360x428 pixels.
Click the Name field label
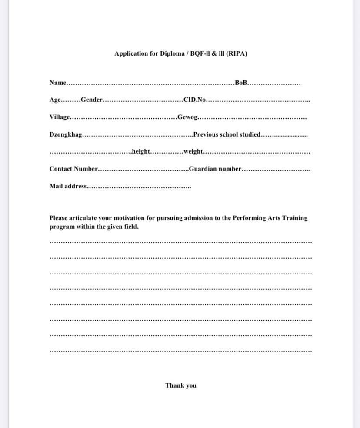coord(57,83)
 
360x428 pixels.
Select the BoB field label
coord(240,83)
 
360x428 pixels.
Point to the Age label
coord(55,100)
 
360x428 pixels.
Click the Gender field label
coord(91,100)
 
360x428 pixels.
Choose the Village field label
coord(59,117)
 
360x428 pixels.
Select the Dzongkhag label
coord(65,134)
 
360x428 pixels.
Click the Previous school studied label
coord(227,134)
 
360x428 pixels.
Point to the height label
coord(141,151)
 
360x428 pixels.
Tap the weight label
coord(193,151)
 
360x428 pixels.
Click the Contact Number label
coord(73,169)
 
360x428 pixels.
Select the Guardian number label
coord(215,169)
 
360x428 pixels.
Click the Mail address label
coord(68,186)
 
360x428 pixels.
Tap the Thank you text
coord(180,385)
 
